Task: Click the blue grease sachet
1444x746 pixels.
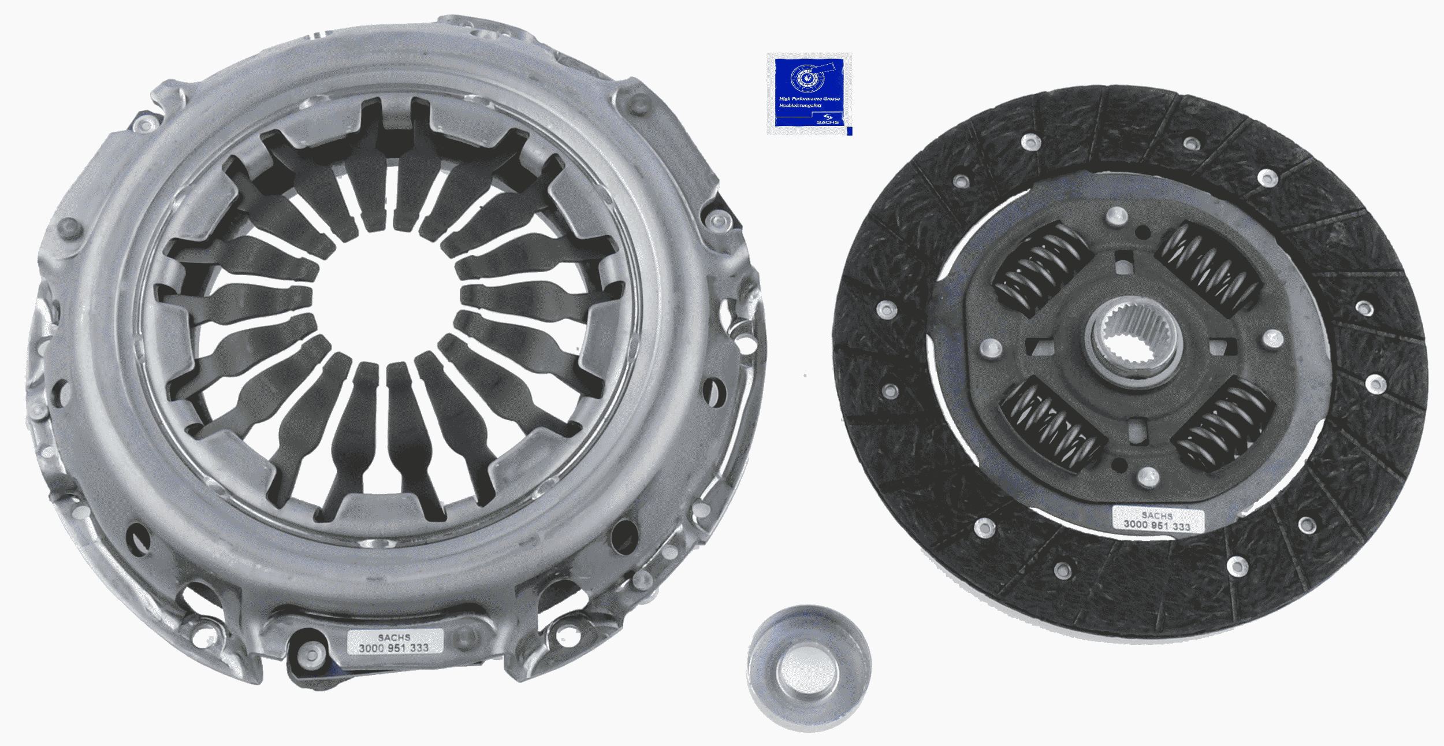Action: [x=809, y=94]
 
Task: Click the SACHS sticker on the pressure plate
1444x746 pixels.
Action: [x=394, y=642]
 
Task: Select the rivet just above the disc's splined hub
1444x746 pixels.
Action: [x=1117, y=217]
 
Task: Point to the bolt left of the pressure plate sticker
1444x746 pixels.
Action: [x=311, y=652]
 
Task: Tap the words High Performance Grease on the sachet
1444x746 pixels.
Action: [x=809, y=99]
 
